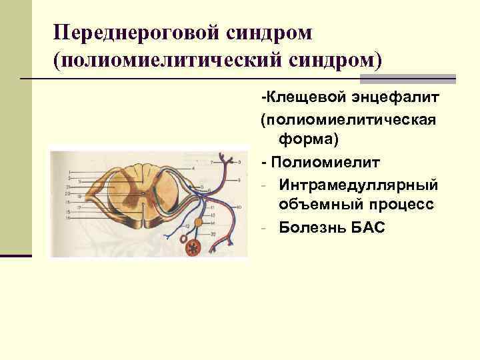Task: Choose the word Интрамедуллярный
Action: [359, 183]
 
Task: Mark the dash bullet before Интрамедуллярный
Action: [265, 184]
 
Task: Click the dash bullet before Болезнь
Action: [265, 227]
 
